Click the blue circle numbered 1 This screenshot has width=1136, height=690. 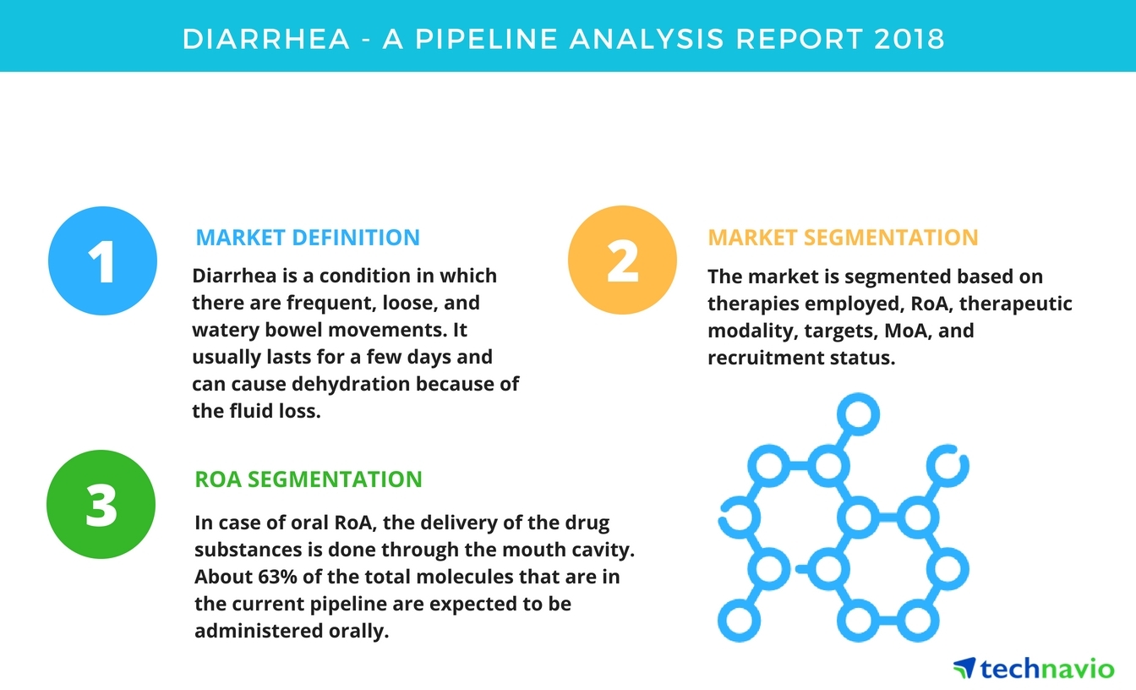[x=102, y=260]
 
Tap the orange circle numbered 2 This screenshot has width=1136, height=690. [x=622, y=260]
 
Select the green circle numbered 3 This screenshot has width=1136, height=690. [x=101, y=504]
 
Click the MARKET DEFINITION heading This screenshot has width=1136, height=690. [x=308, y=238]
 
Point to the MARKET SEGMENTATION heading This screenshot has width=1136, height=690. [x=843, y=238]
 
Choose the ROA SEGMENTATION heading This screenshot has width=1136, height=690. [x=309, y=479]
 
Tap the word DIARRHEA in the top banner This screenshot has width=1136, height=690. [x=266, y=39]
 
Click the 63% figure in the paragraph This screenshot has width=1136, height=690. [x=277, y=577]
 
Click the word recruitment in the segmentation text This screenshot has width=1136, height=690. [x=765, y=358]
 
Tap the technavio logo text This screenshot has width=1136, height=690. [x=1047, y=668]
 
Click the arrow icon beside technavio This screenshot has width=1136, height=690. [x=964, y=668]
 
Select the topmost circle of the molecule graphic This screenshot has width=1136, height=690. [x=858, y=414]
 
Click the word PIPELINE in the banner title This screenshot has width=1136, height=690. [x=486, y=39]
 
